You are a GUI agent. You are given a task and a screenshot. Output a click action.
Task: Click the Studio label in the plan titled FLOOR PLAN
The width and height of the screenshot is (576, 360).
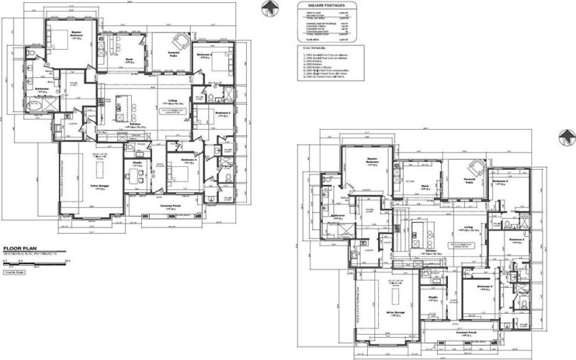click(x=136, y=163)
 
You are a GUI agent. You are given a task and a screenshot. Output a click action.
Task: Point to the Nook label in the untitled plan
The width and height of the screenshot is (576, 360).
click(x=425, y=186)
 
